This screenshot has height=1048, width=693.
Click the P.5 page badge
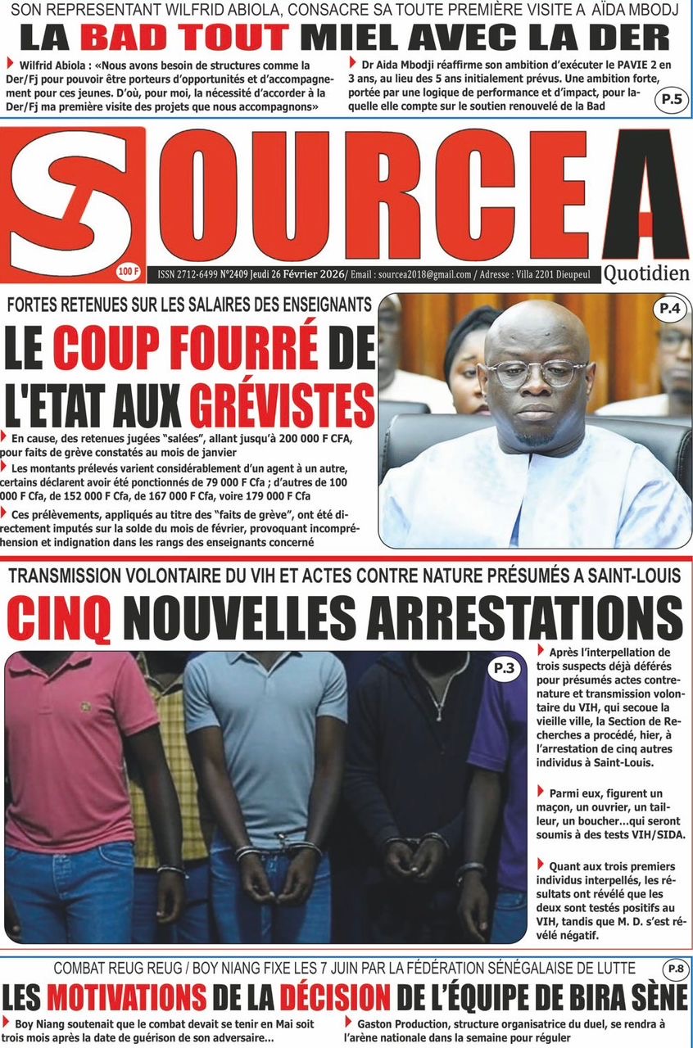point(671,101)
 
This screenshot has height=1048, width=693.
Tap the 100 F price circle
point(128,270)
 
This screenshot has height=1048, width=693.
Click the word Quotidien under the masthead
point(646,273)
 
